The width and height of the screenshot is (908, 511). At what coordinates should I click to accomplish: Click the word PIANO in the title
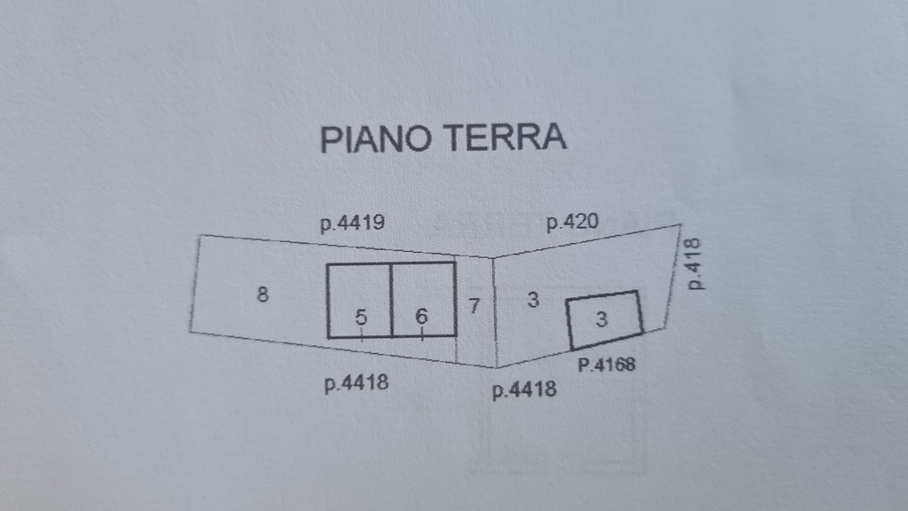click(376, 139)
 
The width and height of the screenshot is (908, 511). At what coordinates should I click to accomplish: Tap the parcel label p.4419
click(353, 224)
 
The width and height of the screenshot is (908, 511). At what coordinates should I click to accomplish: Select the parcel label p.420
click(572, 222)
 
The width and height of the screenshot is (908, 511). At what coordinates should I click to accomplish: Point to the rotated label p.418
click(693, 263)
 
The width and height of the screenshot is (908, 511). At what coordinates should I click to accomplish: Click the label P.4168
click(607, 365)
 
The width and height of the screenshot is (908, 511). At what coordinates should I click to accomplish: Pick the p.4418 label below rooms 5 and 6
click(356, 383)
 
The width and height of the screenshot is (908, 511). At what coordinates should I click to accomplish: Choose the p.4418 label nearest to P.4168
click(524, 389)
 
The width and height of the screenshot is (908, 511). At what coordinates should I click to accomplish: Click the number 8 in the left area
click(262, 295)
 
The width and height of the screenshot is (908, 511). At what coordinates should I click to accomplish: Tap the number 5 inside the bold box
click(361, 317)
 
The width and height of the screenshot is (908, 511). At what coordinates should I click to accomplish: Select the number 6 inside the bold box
click(421, 317)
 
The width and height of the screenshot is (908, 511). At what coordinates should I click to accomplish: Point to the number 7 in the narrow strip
click(474, 305)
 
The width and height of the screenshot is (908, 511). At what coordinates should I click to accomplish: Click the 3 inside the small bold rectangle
click(602, 318)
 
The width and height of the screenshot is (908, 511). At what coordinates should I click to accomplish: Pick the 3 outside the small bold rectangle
click(533, 300)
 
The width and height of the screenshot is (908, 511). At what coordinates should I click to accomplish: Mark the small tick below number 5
click(362, 334)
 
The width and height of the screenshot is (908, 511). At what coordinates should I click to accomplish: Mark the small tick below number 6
click(422, 334)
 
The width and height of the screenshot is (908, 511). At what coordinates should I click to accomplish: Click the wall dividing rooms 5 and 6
click(391, 300)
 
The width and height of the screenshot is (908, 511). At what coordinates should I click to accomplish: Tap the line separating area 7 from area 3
click(495, 312)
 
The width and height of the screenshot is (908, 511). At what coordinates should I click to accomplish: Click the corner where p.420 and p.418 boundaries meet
click(680, 224)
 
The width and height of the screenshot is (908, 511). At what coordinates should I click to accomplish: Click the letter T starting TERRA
click(455, 138)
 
